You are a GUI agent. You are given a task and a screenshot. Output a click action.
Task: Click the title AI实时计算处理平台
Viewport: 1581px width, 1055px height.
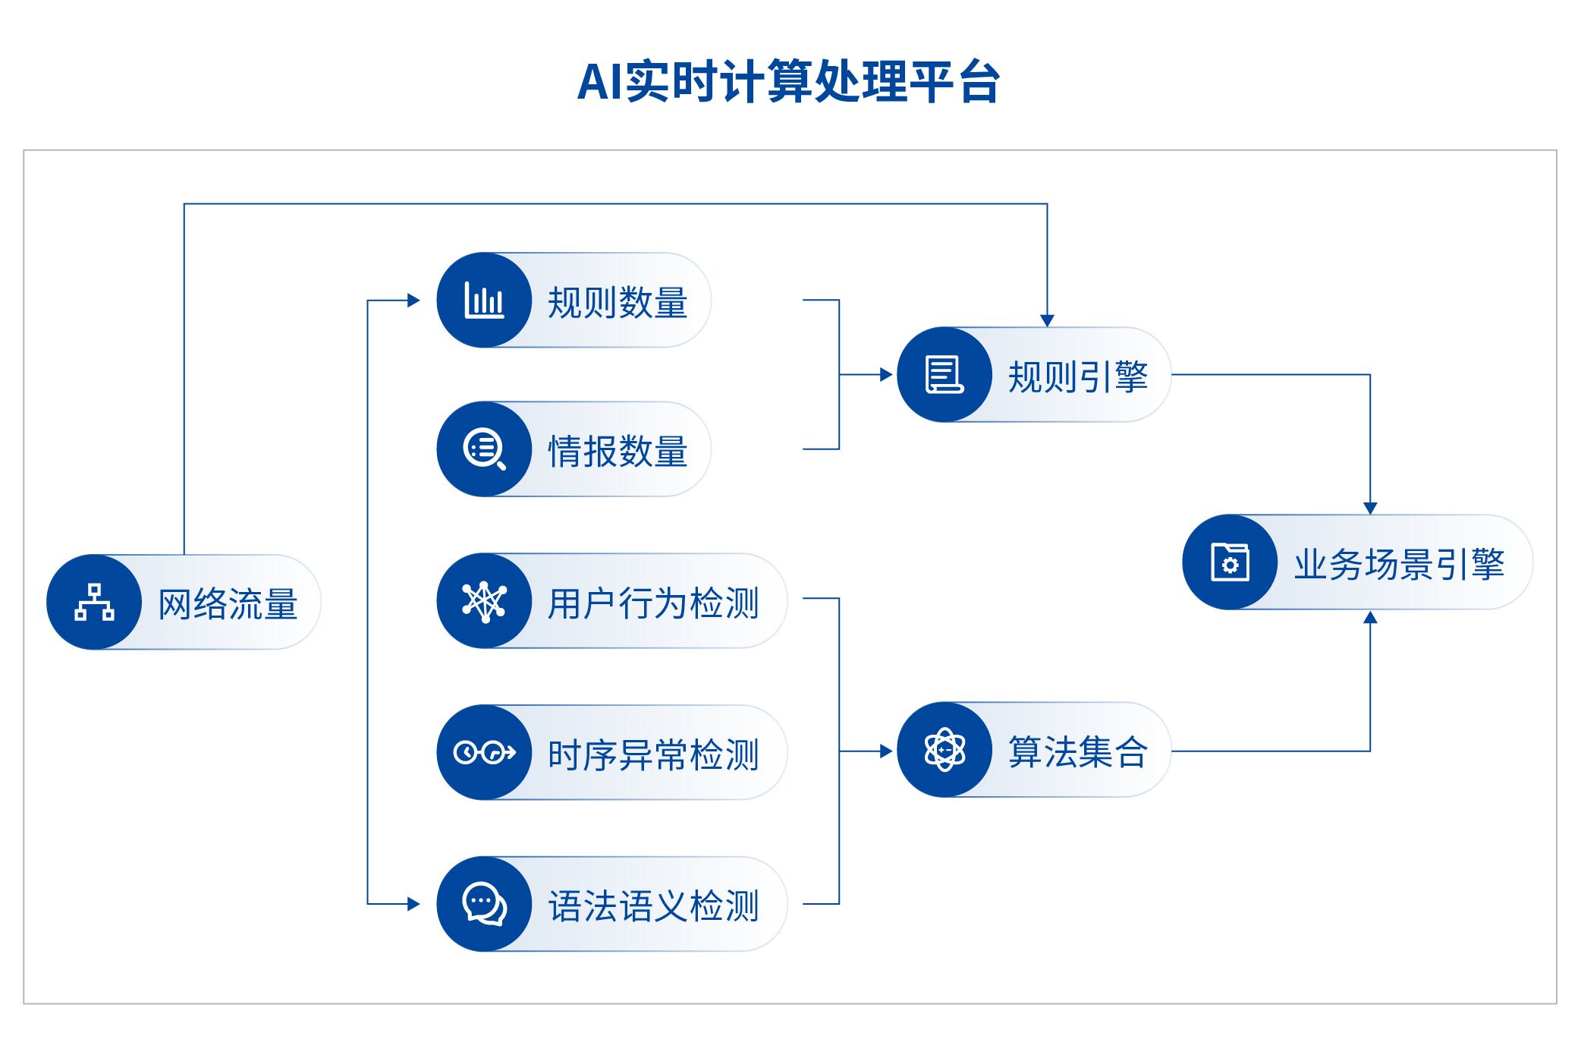[x=789, y=81]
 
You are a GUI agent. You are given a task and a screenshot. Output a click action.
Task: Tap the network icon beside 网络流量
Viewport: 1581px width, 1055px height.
[x=94, y=602]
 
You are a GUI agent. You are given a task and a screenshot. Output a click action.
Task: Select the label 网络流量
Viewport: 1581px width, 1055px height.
[x=228, y=604]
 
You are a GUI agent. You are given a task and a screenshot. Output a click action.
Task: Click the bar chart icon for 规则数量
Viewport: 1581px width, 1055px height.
[x=484, y=300]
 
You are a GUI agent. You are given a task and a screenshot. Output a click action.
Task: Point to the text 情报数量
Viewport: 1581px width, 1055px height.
[x=618, y=451]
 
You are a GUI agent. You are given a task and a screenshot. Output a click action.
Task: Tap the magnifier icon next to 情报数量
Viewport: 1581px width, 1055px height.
[x=484, y=449]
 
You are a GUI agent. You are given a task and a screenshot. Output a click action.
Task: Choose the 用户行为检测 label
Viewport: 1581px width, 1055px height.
[x=653, y=603]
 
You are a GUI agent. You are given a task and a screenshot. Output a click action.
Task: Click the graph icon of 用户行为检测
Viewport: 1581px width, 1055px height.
[x=484, y=602]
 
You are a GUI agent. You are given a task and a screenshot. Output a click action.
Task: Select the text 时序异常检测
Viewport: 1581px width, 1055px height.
[x=653, y=755]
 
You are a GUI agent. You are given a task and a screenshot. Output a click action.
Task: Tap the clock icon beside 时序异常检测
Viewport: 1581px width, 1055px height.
[x=484, y=752]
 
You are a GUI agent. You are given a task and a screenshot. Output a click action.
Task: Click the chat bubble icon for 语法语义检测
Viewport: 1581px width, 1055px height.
[x=484, y=904]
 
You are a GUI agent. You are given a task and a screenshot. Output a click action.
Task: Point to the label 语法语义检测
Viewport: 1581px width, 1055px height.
[x=653, y=906]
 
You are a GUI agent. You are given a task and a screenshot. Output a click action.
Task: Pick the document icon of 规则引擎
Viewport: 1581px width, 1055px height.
[x=945, y=374]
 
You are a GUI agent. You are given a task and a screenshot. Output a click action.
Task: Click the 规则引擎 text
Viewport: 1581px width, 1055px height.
[x=1078, y=376]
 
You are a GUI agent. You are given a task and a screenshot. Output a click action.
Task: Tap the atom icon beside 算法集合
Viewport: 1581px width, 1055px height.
[x=945, y=750]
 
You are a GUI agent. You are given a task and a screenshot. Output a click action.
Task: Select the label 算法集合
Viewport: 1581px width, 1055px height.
[x=1078, y=752]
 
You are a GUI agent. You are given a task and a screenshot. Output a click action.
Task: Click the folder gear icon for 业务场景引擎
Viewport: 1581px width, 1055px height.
[x=1230, y=562]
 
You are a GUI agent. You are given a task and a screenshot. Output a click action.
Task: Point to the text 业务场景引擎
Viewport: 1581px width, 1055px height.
[x=1399, y=565]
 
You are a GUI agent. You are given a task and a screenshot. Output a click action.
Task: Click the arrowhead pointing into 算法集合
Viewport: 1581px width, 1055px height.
[x=886, y=751]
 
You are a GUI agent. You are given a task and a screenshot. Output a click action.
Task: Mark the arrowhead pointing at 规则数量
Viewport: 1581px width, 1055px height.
[x=413, y=300]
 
